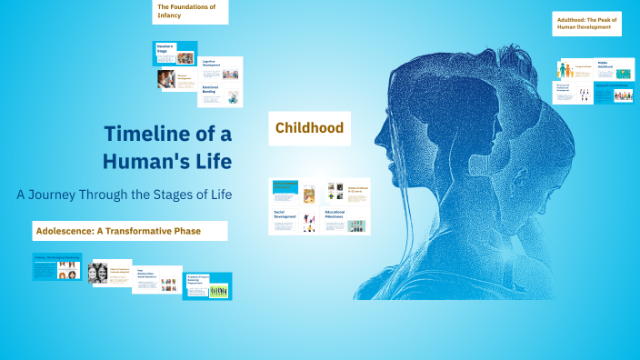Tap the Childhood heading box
309,128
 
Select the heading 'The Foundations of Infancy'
190,11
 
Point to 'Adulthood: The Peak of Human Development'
588,23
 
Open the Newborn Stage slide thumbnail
174,54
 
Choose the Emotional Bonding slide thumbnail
221,95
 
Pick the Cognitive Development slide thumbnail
221,68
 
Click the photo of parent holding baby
165,80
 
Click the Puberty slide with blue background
56,266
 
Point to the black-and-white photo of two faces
98,273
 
